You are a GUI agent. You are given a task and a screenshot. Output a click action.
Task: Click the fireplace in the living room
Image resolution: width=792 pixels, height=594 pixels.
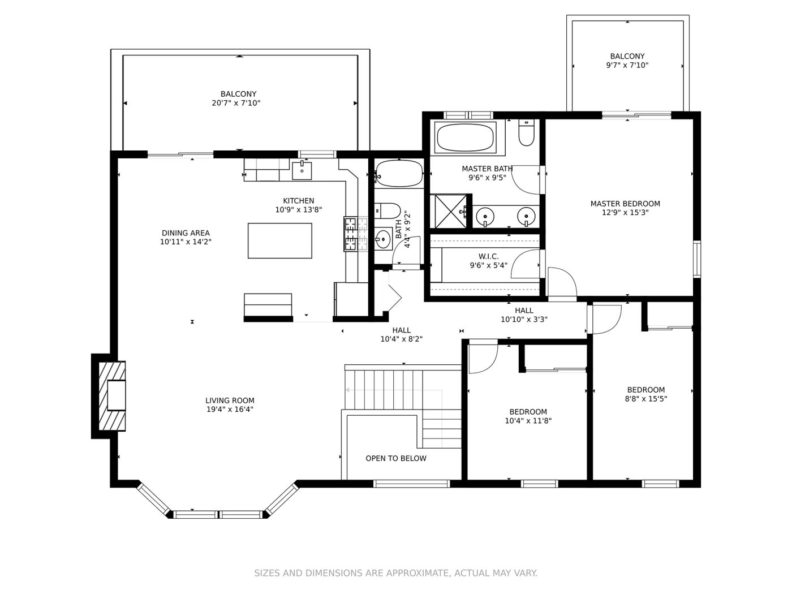coord(112,395)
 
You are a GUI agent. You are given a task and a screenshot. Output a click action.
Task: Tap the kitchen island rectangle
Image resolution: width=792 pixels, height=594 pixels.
coord(279,240)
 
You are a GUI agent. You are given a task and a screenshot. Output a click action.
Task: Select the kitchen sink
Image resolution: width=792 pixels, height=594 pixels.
coord(302,170)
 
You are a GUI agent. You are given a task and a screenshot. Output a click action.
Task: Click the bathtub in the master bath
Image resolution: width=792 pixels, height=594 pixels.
coord(465,137)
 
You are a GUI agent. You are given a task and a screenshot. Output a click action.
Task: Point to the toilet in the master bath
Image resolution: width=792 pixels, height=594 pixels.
coord(526,132)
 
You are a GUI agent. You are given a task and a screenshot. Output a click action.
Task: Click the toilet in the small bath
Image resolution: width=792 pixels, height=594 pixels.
coord(387,211)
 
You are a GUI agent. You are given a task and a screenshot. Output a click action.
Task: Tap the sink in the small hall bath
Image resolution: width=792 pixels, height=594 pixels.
coord(383,238)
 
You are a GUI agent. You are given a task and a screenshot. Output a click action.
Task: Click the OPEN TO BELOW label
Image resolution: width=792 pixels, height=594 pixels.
coord(396,458)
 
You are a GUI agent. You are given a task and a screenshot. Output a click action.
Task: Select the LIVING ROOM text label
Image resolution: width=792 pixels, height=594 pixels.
coord(230,401)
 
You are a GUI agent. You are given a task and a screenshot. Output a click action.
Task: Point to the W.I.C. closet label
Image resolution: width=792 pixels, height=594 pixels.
coord(489,256)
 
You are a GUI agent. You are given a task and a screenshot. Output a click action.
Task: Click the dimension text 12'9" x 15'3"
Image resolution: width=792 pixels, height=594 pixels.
coord(625,213)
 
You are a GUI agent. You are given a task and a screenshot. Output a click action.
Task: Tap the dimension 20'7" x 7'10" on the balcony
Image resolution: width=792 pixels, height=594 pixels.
coord(236,103)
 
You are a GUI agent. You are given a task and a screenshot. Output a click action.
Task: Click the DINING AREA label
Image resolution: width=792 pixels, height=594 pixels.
coord(186,233)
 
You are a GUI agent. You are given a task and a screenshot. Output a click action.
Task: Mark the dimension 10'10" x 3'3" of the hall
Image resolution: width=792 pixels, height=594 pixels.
coord(524,319)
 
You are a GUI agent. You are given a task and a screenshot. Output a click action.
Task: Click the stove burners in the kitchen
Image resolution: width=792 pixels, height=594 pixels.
coord(355,234)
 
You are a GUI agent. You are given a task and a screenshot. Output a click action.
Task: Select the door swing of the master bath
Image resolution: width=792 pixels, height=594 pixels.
coord(526,179)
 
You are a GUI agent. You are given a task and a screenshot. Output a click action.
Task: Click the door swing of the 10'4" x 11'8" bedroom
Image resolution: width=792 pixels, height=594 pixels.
coord(483,359)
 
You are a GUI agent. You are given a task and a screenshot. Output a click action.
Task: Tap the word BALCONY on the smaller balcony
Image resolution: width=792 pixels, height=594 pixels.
coord(627,56)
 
